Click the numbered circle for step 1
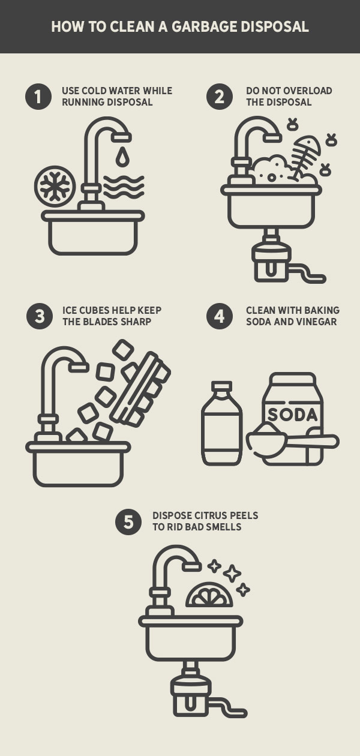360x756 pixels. tap(38, 97)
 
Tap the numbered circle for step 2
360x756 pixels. tap(220, 97)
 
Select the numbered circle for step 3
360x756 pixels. tap(40, 316)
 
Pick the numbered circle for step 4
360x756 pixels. tap(220, 316)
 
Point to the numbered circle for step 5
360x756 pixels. tap(128, 522)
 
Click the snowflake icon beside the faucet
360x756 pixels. tap(55, 186)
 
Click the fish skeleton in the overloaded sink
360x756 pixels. tap(306, 157)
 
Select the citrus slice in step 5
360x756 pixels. tap(209, 595)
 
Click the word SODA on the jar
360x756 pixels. tap(292, 415)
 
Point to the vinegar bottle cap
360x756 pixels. tap(221, 387)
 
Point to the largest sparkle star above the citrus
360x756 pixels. tap(232, 573)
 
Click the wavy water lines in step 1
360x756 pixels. tap(124, 186)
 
